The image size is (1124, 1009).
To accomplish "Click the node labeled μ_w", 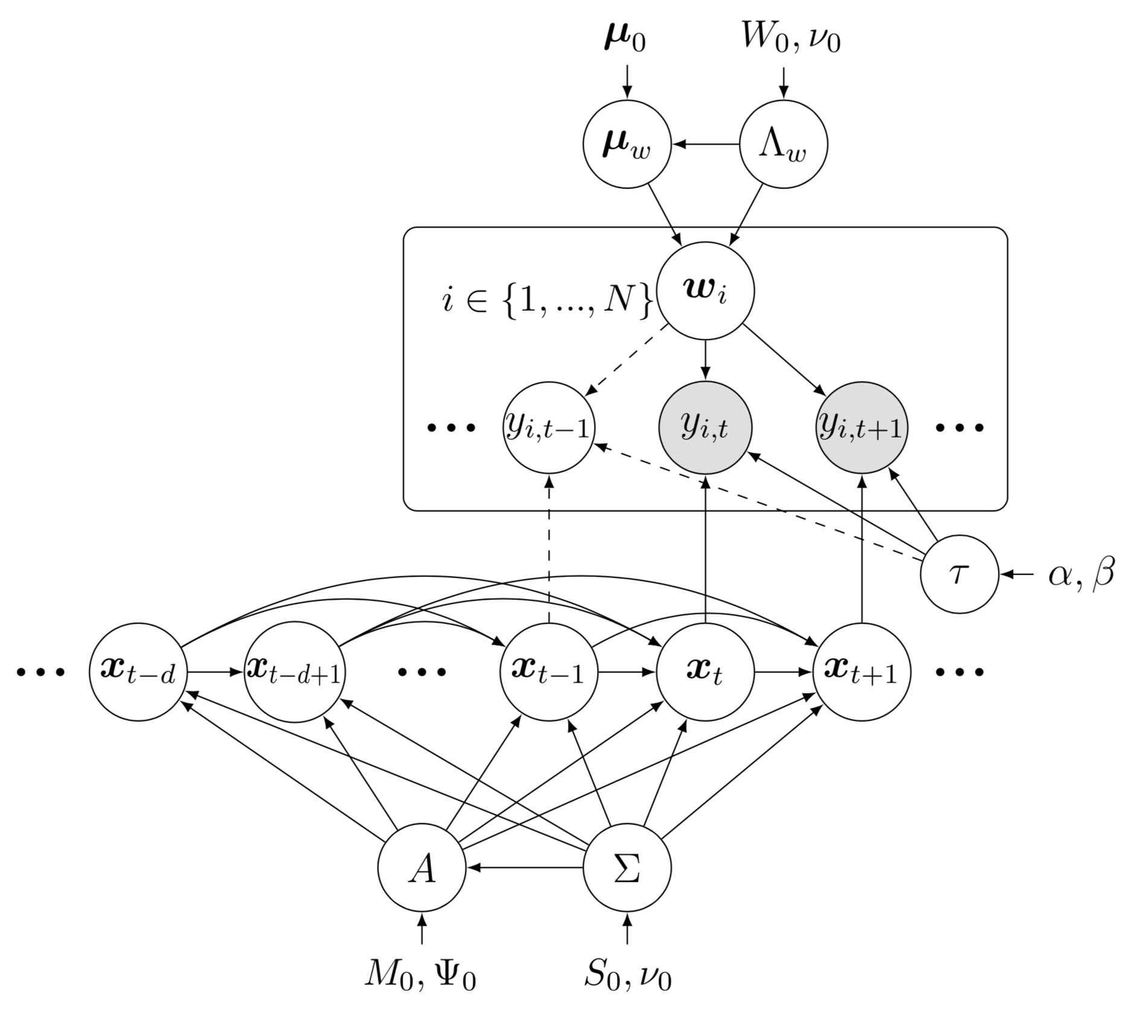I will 627,144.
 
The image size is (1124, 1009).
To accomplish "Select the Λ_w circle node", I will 783,144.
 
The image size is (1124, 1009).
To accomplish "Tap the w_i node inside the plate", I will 705,291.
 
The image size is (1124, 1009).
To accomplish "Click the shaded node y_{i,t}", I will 705,427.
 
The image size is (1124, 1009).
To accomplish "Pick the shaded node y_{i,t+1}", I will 861,427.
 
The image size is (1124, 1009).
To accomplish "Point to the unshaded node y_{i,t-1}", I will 549,427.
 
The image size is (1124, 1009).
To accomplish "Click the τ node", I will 959,573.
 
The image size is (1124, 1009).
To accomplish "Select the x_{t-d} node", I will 138,671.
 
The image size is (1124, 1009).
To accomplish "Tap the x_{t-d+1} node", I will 295,671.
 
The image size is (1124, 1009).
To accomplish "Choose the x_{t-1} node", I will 549,671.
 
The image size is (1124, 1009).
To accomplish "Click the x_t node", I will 705,671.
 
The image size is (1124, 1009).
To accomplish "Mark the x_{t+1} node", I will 861,671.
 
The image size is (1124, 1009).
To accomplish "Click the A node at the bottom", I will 421,868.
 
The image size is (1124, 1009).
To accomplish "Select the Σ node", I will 627,868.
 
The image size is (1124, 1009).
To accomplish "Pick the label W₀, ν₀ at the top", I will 791,40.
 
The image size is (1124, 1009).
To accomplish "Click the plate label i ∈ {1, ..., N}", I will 547,301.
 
